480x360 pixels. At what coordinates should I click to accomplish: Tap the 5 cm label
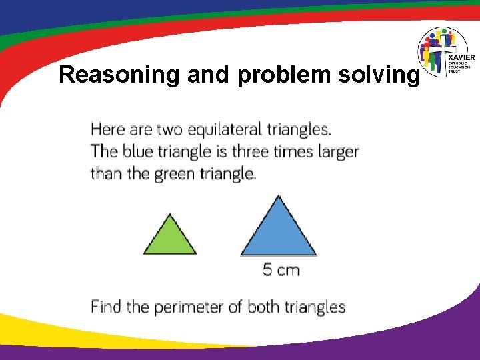coord(281,270)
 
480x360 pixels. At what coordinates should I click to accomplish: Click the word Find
coord(107,307)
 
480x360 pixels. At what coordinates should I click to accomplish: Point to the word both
coord(264,307)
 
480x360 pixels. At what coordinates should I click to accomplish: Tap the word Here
coord(108,129)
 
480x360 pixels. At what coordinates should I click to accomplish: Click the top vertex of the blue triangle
coord(278,196)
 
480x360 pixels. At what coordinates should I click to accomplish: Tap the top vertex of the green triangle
coord(170,215)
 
